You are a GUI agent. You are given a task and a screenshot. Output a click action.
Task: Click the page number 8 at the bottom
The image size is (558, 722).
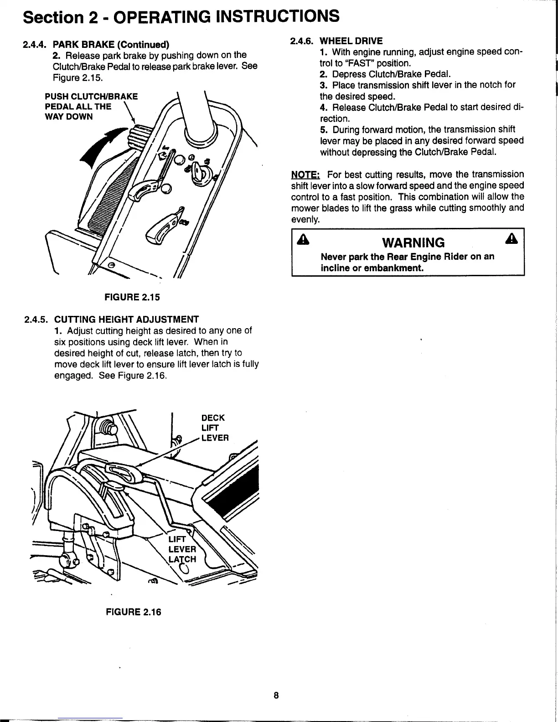point(276,696)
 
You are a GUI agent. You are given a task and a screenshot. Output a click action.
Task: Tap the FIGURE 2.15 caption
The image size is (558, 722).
point(132,297)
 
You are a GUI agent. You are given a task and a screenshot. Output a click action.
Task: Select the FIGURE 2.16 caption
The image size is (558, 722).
point(133,612)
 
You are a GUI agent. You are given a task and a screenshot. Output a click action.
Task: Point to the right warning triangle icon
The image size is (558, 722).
point(515,240)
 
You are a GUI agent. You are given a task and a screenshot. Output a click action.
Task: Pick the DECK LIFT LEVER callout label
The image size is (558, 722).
point(214,428)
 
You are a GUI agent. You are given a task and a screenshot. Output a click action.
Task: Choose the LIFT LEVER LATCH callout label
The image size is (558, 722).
point(182,549)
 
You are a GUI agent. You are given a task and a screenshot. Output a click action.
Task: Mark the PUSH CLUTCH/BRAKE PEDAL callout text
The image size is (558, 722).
point(91,106)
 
